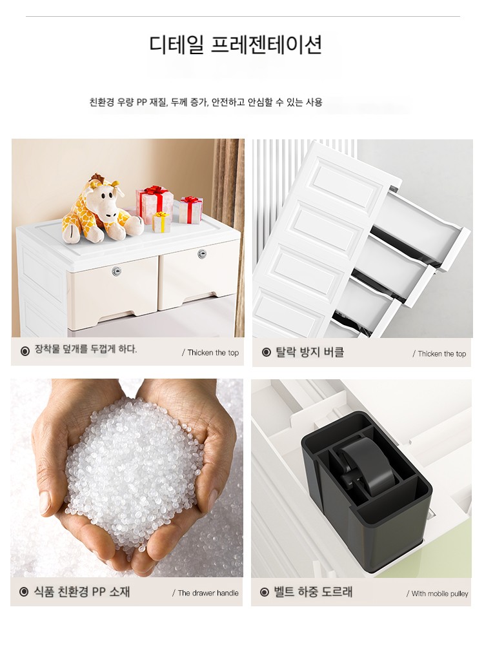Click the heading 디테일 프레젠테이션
pyautogui.click(x=236, y=45)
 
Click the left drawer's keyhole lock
pyautogui.click(x=116, y=271)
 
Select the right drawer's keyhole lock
pyautogui.click(x=201, y=253)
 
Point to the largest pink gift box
pyautogui.click(x=154, y=204)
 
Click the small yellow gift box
pyautogui.click(x=162, y=222)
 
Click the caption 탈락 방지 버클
pyautogui.click(x=310, y=352)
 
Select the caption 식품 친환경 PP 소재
pyautogui.click(x=81, y=592)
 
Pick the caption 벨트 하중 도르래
pyautogui.click(x=313, y=592)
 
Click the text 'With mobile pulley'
pyautogui.click(x=439, y=593)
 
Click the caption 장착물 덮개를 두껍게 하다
pyautogui.click(x=86, y=349)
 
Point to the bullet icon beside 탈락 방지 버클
pyautogui.click(x=267, y=352)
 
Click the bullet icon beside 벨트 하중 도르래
pyautogui.click(x=265, y=592)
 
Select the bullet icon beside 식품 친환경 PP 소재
pyautogui.click(x=24, y=592)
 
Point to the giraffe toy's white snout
pyautogui.click(x=109, y=211)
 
